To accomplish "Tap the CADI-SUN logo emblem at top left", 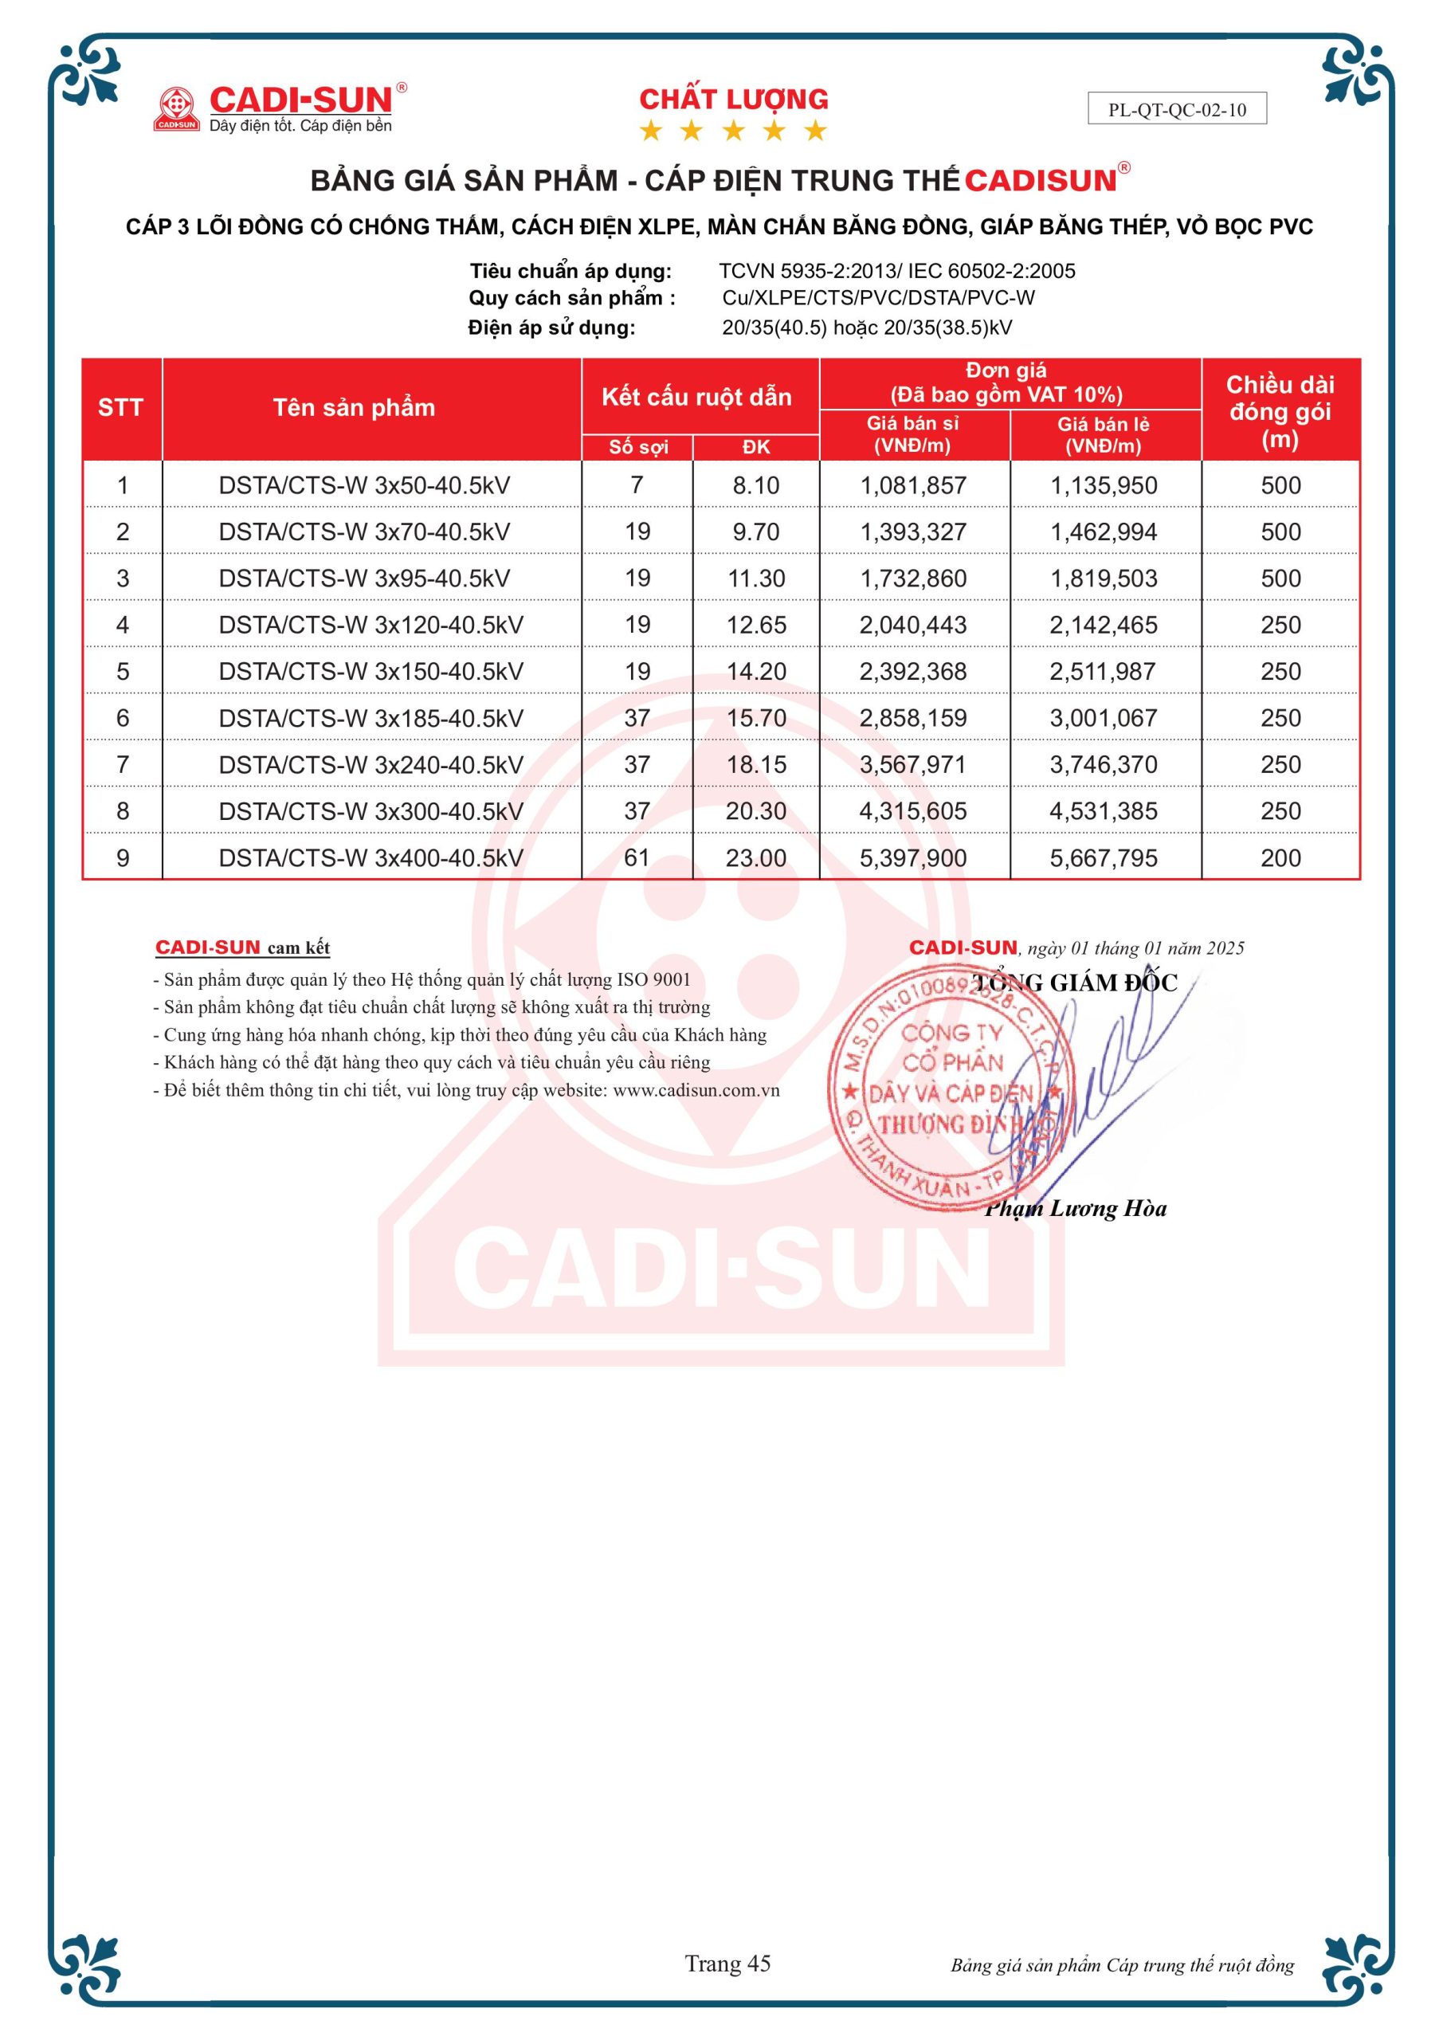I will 176,108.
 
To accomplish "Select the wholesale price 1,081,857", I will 912,485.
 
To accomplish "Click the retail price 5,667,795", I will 1104,857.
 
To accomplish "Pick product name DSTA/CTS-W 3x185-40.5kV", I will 371,718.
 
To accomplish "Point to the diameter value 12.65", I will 756,625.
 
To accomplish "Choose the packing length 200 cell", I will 1280,857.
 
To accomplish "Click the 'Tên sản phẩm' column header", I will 354,408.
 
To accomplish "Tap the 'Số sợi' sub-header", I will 638,447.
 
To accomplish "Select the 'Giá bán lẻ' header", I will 1103,434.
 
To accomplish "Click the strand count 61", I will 637,857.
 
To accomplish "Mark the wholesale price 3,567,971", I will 912,764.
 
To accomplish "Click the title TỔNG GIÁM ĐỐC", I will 1074,983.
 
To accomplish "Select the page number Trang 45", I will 727,1963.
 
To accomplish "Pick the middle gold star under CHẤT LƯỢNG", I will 733,131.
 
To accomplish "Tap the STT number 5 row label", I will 123,672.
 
